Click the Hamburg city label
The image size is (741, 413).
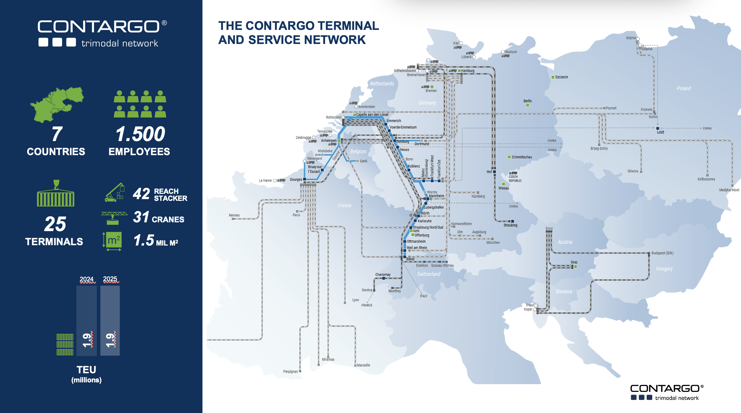pos(468,71)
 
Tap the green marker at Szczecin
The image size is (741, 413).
pos(553,77)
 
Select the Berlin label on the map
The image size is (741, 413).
pos(527,101)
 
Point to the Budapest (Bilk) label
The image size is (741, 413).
pos(662,253)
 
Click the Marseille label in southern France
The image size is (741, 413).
pos(363,365)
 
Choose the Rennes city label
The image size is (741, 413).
pos(234,215)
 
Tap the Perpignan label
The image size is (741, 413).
pos(291,371)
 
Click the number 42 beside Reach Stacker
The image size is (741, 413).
pos(141,194)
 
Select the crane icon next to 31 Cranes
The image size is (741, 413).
pos(114,218)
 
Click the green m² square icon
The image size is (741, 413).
pos(114,240)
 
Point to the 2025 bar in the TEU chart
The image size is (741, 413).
pos(110,320)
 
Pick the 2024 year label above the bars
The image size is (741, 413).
pos(87,279)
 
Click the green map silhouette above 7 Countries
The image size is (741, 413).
pos(57,104)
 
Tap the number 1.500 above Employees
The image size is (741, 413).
pos(140,134)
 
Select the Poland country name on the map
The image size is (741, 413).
pos(684,88)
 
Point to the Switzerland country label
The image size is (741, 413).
pos(429,274)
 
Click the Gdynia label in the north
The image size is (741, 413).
pos(631,38)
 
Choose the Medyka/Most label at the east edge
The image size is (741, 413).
pos(729,190)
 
